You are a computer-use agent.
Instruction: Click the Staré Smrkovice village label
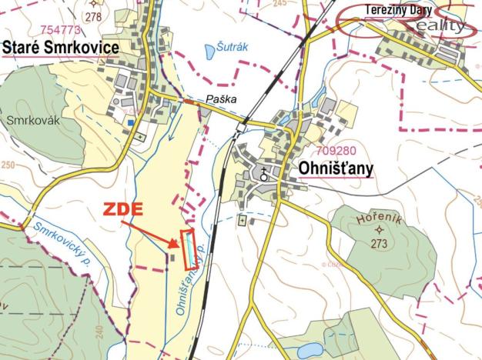(x=61, y=48)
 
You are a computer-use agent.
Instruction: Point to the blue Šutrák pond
(x=209, y=52)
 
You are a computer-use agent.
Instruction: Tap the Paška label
(x=220, y=99)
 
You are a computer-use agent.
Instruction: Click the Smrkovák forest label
(x=28, y=120)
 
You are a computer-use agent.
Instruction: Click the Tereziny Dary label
(x=399, y=10)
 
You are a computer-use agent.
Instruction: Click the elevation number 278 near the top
(x=94, y=16)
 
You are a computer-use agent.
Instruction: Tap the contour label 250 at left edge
(x=8, y=165)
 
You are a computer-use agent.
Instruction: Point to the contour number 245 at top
(x=279, y=4)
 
